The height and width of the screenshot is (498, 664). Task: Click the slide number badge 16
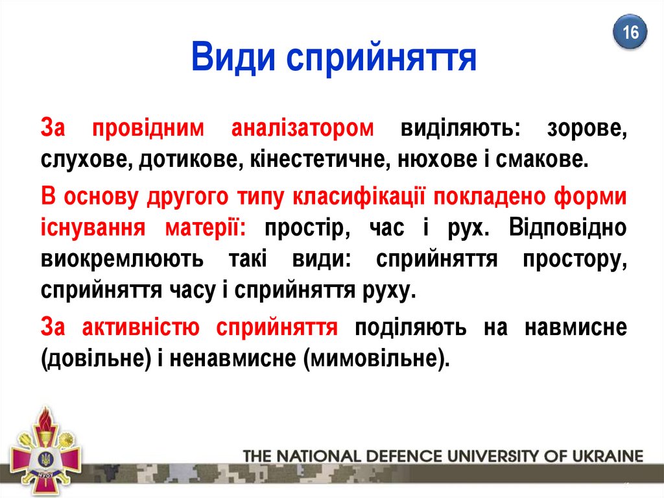630,32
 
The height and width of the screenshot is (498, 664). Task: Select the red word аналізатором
302,128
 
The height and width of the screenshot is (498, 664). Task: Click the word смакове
542,160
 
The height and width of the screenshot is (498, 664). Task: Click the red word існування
93,228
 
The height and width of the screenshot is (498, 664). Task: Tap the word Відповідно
568,228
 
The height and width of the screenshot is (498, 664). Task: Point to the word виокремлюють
122,259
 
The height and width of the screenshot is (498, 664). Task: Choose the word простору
575,260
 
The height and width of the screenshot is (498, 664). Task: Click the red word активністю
141,327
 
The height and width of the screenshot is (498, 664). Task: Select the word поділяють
410,328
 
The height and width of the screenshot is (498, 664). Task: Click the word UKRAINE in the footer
608,456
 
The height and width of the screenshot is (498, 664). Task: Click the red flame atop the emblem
44,419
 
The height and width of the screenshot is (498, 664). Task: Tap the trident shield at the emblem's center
45,458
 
